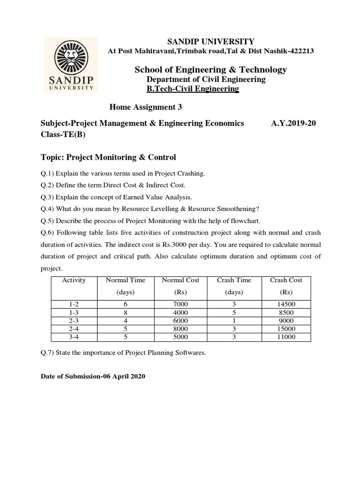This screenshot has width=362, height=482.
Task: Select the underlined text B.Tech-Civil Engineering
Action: point(193,88)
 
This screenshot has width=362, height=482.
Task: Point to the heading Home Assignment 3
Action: point(146,107)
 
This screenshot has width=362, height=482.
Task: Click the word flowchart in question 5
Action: point(245,221)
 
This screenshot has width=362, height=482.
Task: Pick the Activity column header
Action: point(74,280)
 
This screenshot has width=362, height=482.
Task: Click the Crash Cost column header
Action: point(286,280)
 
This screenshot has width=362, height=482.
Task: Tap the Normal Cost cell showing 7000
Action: point(181,304)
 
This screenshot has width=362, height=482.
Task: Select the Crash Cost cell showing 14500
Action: point(286,304)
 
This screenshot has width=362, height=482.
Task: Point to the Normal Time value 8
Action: point(125,312)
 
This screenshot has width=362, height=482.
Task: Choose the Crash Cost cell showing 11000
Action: point(286,337)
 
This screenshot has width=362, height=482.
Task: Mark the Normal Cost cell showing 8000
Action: point(181,329)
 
